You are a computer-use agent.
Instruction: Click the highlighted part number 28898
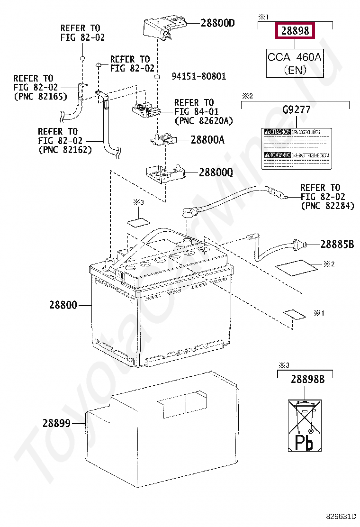tap(295, 31)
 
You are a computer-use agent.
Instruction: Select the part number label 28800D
tap(217, 22)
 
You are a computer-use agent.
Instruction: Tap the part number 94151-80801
tap(198, 76)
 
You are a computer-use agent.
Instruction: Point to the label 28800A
tap(207, 140)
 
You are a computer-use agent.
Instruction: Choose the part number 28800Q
tap(216, 173)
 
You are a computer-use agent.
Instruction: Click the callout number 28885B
tap(337, 245)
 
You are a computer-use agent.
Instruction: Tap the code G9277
tap(296, 110)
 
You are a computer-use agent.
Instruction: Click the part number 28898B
tap(307, 379)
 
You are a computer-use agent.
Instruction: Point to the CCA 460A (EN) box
tap(295, 63)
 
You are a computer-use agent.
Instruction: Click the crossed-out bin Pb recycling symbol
tap(304, 423)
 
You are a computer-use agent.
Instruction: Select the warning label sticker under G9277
tap(296, 148)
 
